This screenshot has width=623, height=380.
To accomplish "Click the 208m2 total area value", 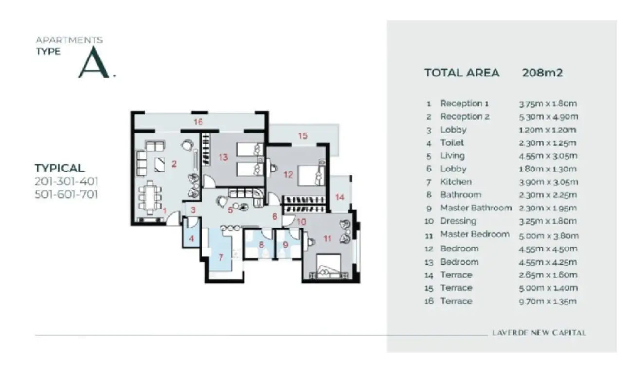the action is tap(542, 73).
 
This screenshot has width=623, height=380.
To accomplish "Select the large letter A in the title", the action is tap(94, 62).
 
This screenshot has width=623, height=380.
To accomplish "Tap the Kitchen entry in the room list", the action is tap(456, 182).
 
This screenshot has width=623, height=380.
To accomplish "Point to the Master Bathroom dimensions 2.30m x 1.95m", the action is tap(548, 208).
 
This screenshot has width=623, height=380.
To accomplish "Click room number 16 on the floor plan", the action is tap(198, 122).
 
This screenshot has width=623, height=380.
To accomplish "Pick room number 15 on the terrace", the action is tap(303, 136).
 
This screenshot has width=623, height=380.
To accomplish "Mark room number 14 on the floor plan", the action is tap(340, 197).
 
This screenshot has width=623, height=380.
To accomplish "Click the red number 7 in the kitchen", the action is tap(221, 257).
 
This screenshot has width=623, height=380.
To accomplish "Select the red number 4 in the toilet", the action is tap(191, 239).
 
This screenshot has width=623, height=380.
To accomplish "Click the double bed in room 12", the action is tap(311, 175).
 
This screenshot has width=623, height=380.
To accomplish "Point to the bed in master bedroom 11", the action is tap(329, 266).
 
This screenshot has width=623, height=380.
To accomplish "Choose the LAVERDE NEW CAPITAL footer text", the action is tap(539, 333).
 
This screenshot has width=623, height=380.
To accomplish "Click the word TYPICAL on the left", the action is tap(59, 168).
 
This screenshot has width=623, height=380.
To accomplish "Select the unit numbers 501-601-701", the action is tap(66, 194).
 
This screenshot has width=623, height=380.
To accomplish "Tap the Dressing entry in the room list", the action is tap(458, 221).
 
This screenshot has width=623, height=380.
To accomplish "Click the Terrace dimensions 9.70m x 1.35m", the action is tap(548, 301).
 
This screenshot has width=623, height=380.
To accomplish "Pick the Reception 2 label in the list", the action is tap(465, 116).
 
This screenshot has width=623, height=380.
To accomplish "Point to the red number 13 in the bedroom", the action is tap(223, 157).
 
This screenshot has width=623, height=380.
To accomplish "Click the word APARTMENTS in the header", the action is tap(69, 40).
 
